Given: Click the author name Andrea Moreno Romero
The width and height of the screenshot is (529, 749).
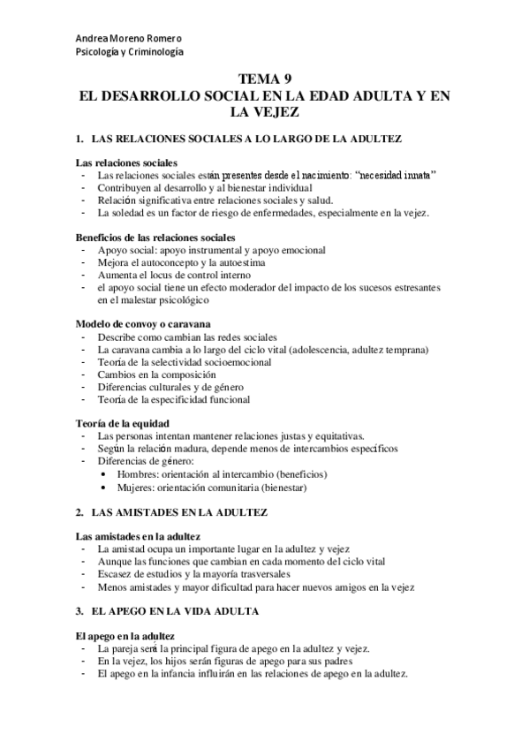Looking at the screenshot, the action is click(x=127, y=39).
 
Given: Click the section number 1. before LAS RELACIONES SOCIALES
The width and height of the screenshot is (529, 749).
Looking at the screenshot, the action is click(x=79, y=140).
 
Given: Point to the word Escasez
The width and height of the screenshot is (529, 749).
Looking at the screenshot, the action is click(x=117, y=574).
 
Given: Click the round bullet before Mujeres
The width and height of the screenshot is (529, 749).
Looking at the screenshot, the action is click(x=105, y=486).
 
